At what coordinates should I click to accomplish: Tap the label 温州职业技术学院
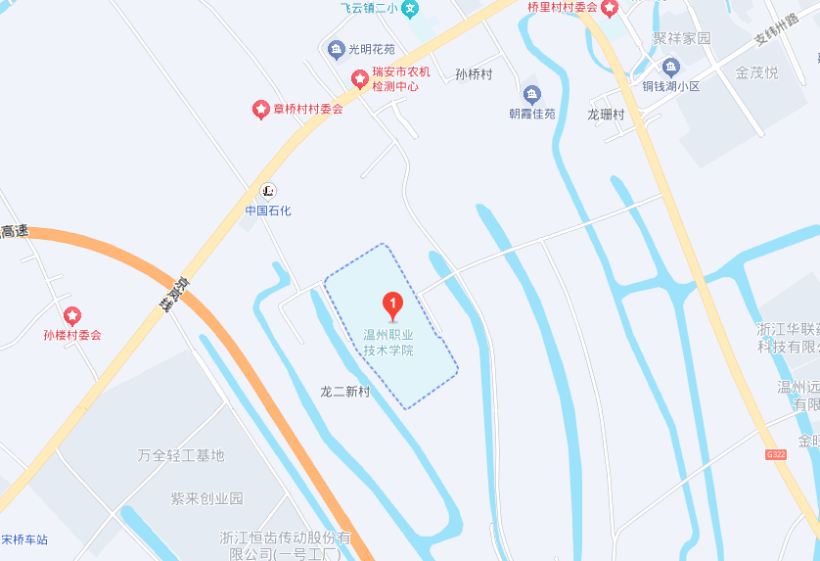click(388, 342)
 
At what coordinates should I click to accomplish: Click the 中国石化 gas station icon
click(267, 190)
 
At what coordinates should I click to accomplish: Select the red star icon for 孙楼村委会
click(71, 316)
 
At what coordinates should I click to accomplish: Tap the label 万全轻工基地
click(181, 455)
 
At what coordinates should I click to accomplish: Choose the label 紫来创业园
click(207, 497)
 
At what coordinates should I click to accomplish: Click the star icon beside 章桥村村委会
click(260, 109)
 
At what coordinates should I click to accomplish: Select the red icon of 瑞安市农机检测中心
click(359, 76)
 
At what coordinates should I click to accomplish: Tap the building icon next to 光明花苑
click(336, 49)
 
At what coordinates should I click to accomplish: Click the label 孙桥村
click(474, 74)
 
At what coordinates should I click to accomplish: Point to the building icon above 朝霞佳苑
click(531, 95)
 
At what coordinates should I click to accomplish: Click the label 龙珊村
click(606, 114)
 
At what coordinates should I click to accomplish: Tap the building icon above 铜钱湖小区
click(670, 67)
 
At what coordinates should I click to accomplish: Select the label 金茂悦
click(756, 72)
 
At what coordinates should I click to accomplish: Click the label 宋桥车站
click(23, 539)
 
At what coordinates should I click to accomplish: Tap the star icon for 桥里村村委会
click(609, 9)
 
